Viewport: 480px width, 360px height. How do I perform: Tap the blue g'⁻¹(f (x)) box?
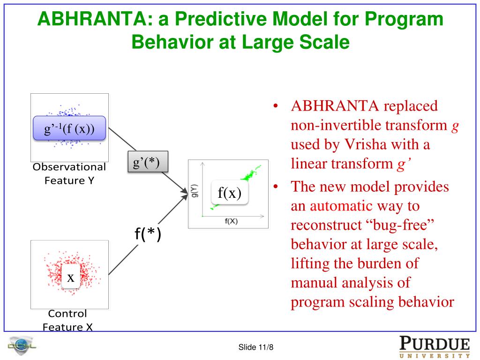(69, 128)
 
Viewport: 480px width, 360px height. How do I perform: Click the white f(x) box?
(229, 193)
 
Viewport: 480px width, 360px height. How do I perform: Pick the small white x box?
(70, 277)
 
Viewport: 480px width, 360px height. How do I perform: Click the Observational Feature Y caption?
(69, 173)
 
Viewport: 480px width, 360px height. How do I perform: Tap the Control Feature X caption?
(67, 321)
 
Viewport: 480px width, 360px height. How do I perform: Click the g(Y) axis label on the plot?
(195, 190)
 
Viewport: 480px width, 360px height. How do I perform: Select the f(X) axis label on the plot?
(231, 221)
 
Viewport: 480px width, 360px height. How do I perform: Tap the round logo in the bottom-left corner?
(22, 347)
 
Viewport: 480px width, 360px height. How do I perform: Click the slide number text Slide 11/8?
(256, 347)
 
